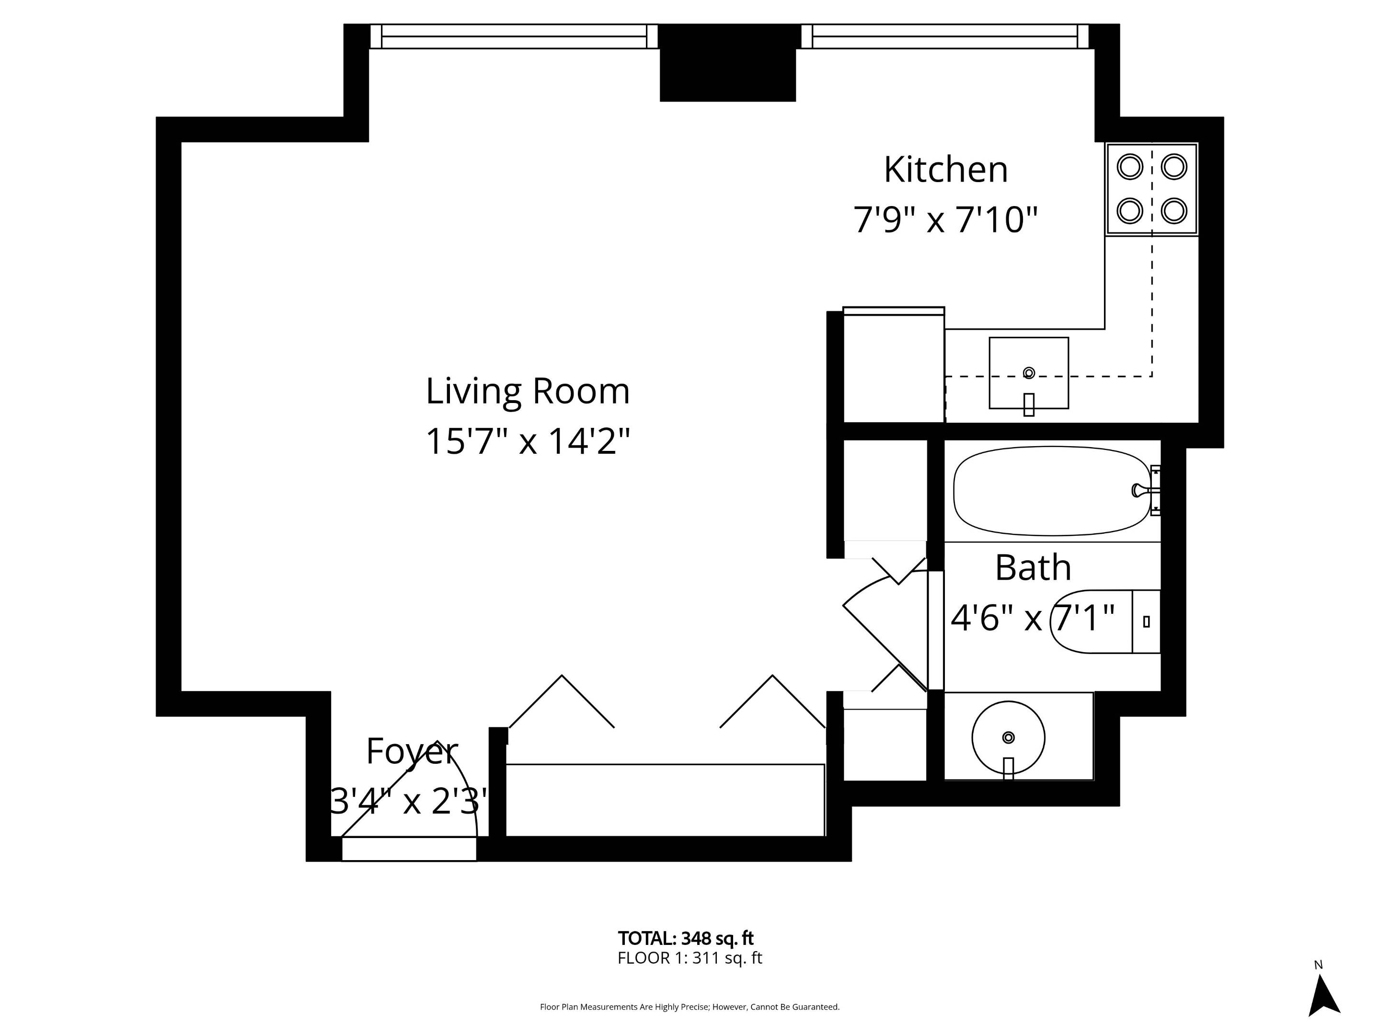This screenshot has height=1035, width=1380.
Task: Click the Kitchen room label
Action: (x=945, y=170)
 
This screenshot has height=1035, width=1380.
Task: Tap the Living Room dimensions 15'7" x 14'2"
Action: (x=528, y=441)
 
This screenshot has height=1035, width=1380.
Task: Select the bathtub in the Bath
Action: (x=1051, y=491)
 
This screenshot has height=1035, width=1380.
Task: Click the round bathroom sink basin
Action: (x=1008, y=737)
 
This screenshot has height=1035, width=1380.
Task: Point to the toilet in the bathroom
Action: (x=1104, y=621)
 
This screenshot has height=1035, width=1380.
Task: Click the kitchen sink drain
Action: (x=1029, y=373)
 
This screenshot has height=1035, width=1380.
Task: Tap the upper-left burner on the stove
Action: (x=1129, y=167)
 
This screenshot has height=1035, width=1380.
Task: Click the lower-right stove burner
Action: (x=1173, y=211)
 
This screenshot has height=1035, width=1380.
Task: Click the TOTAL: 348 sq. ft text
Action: (x=686, y=938)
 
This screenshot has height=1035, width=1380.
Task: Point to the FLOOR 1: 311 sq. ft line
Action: (x=690, y=958)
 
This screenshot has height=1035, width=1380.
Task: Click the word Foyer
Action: (x=412, y=751)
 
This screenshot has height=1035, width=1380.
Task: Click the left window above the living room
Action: (x=514, y=36)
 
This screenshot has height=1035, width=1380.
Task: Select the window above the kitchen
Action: (x=944, y=36)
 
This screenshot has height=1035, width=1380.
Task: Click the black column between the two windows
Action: (x=727, y=62)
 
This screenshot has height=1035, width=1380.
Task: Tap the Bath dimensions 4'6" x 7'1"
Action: (x=1033, y=619)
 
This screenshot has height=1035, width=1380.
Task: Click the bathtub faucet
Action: (x=1140, y=490)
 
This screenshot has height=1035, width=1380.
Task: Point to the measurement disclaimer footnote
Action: (x=690, y=1007)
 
